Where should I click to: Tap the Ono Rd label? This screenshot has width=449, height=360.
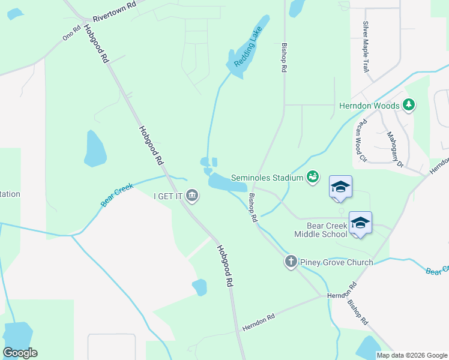click(71, 34)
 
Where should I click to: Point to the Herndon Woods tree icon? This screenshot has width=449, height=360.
click(409, 106)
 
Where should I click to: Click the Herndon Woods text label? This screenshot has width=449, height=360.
click(369, 106)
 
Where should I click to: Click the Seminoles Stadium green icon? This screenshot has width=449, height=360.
click(312, 176)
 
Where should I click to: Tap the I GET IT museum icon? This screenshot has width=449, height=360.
click(192, 195)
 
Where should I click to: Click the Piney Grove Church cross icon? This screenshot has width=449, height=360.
click(291, 262)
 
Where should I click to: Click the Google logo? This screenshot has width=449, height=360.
click(20, 353)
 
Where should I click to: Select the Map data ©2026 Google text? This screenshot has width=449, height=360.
click(412, 355)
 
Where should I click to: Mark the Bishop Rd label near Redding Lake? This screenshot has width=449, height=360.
click(283, 58)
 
